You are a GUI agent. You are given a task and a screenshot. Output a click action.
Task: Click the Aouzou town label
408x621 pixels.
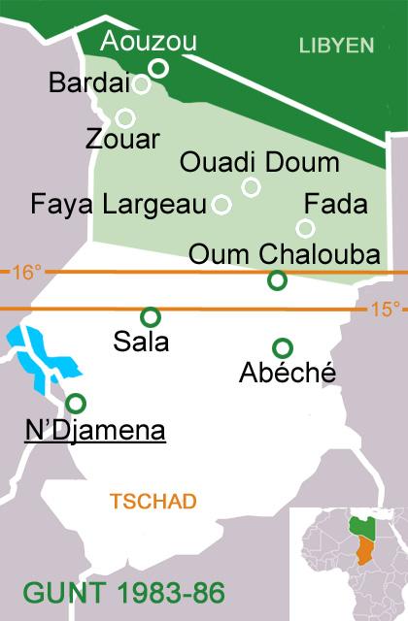click(x=148, y=41)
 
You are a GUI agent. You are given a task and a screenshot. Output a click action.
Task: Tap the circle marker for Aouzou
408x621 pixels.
click(x=159, y=67)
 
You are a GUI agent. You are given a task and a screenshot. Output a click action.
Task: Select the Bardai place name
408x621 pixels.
click(x=85, y=84)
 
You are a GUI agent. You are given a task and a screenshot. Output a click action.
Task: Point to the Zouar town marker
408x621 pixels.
click(x=124, y=118)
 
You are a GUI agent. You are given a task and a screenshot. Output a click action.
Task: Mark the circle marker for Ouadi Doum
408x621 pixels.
click(x=251, y=187)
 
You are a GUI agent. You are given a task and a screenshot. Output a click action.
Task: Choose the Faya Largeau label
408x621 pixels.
click(x=119, y=205)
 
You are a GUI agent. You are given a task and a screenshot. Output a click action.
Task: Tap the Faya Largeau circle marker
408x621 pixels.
click(x=221, y=204)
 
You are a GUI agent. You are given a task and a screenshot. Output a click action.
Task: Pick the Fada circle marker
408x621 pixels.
click(x=305, y=228)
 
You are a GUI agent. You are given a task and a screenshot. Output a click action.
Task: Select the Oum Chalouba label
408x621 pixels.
click(x=283, y=253)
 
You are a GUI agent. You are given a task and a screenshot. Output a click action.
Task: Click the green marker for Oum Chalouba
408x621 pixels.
click(x=277, y=280)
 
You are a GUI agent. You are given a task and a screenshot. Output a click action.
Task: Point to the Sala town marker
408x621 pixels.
click(x=150, y=316)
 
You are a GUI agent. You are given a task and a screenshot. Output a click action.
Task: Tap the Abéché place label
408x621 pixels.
click(x=287, y=372)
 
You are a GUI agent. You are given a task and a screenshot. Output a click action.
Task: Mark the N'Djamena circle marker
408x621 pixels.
click(x=76, y=403)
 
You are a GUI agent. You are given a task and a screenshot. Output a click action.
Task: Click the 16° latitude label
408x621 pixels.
click(x=27, y=273)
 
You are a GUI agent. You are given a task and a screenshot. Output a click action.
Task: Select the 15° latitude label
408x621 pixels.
click(x=385, y=310)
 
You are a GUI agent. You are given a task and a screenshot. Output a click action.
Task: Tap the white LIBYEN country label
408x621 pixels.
click(x=336, y=45)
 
